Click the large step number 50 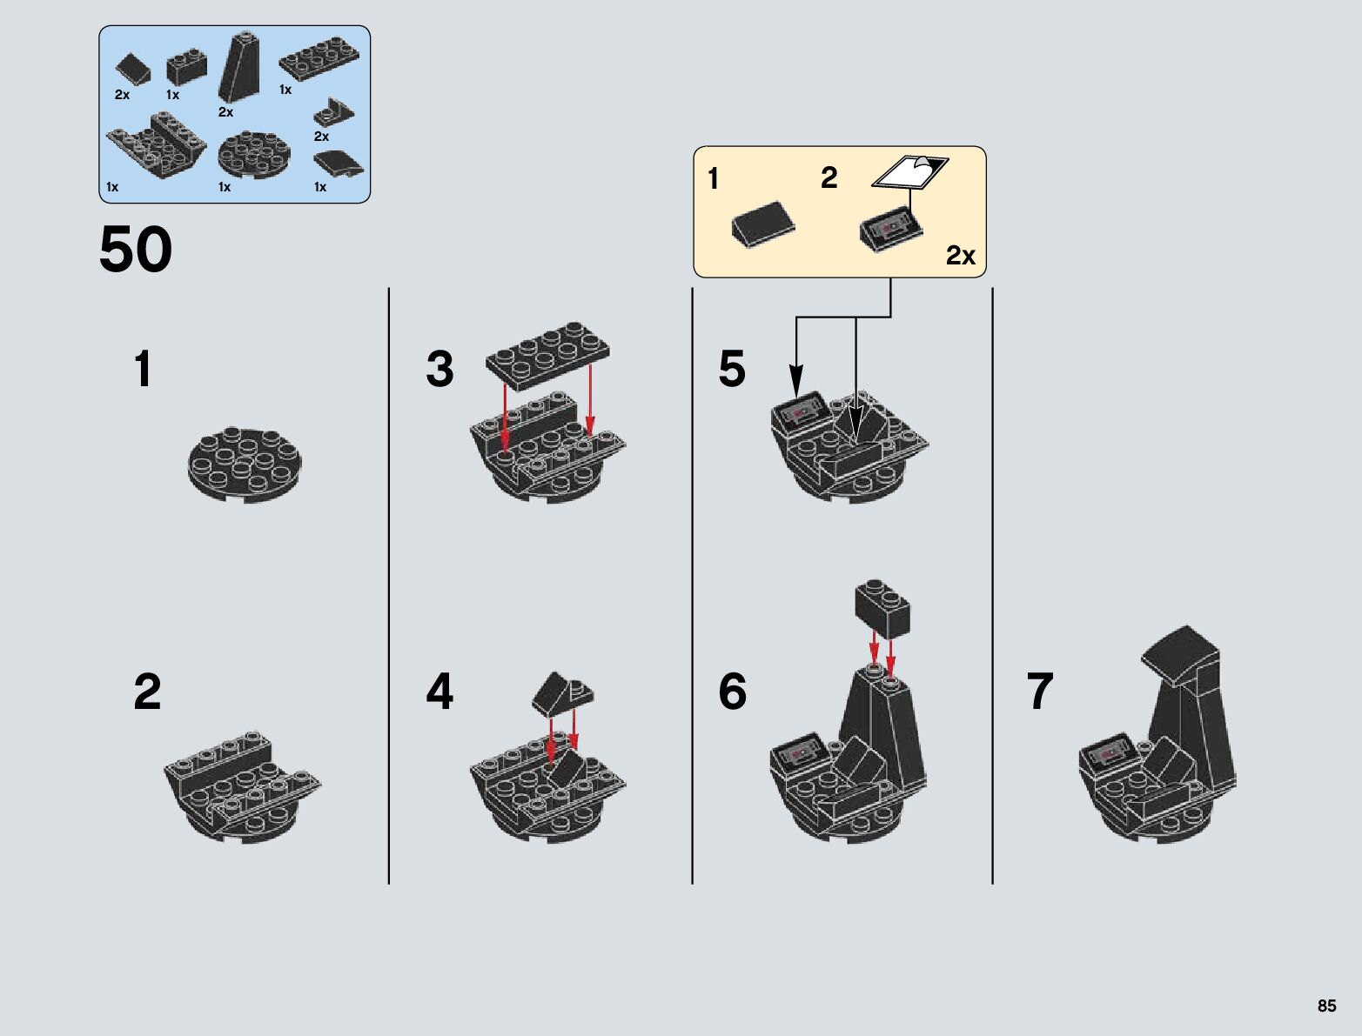pos(135,250)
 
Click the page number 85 pos(1326,1006)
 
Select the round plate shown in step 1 pos(245,464)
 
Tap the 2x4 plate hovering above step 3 pos(548,350)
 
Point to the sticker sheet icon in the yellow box pos(910,171)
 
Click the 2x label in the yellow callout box pos(961,255)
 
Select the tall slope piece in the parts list pos(239,67)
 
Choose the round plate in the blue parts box pos(254,154)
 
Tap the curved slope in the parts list pos(339,164)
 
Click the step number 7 pos(1040,691)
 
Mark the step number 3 pos(440,369)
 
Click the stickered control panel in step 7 pos(1109,754)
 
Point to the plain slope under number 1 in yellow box pos(763,224)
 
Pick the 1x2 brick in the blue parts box pos(187,69)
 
